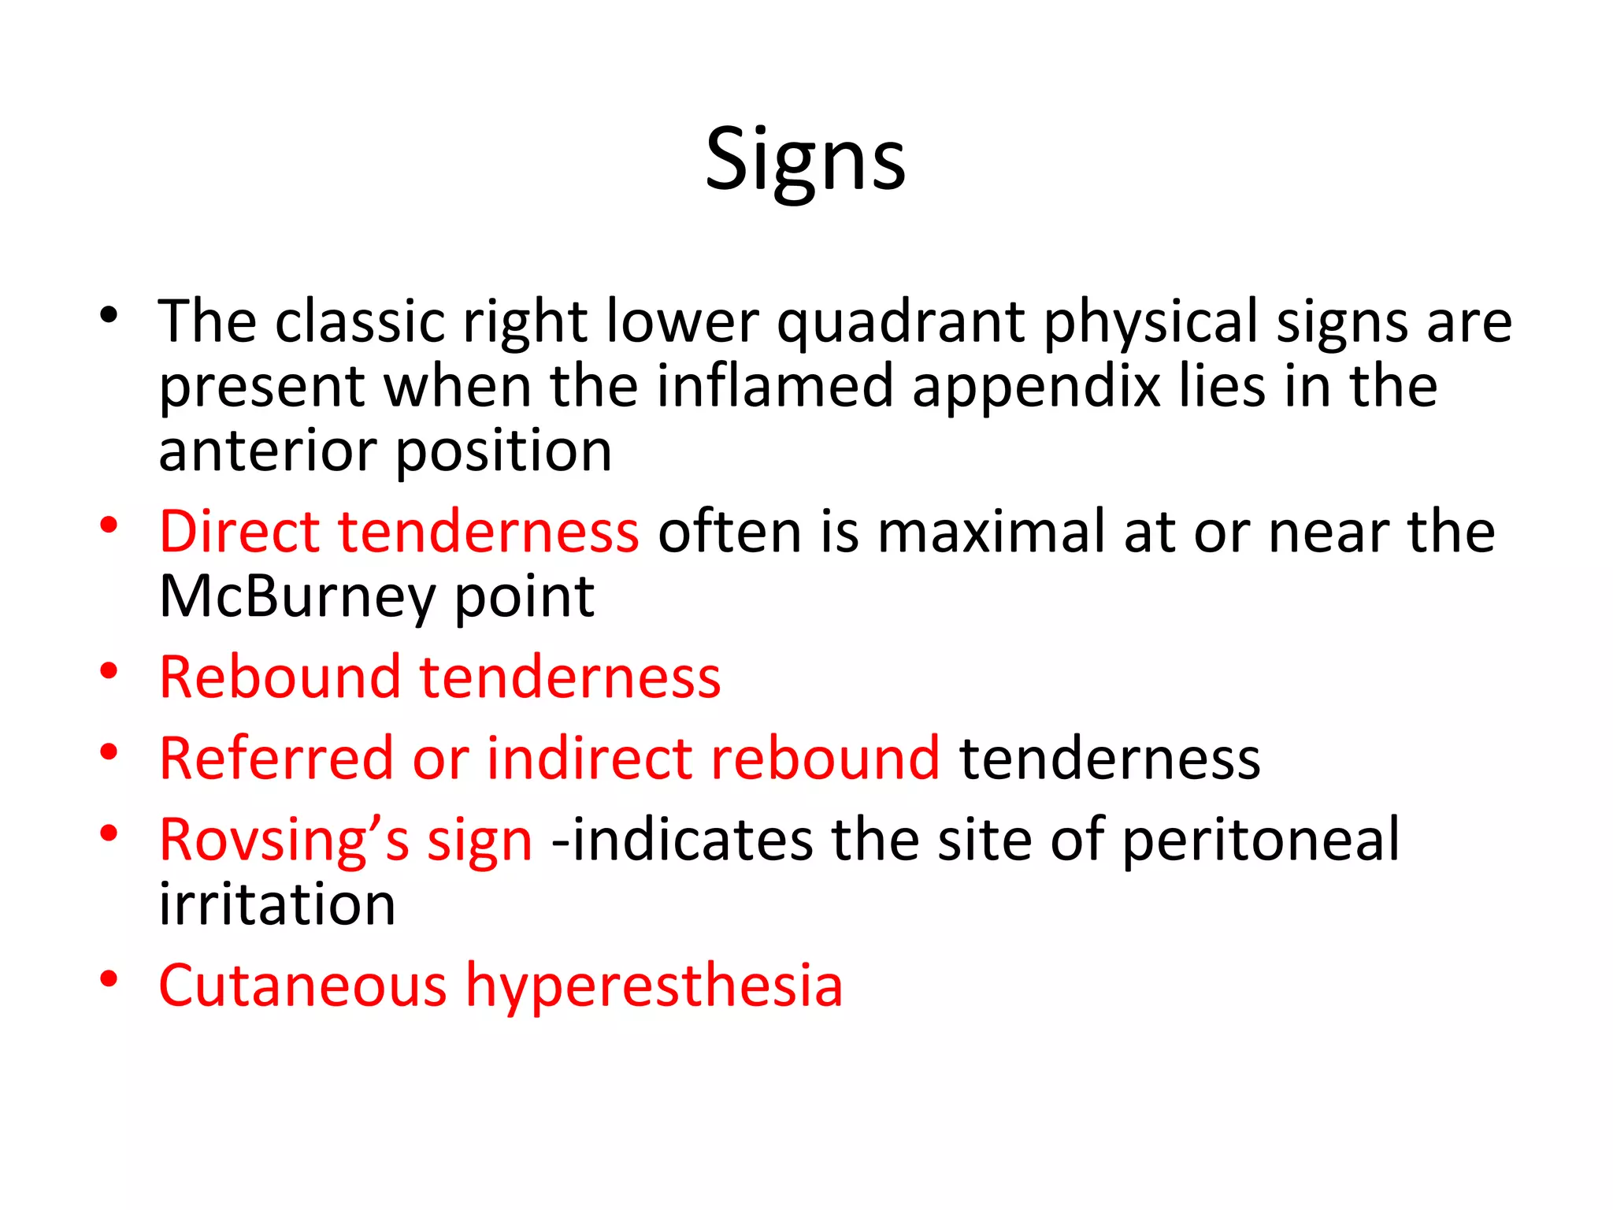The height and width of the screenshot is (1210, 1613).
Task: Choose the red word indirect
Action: point(589,758)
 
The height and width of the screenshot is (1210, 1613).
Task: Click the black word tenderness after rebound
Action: point(1109,758)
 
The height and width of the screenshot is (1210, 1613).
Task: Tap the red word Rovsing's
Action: point(284,840)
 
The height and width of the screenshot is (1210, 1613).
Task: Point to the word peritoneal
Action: point(1260,841)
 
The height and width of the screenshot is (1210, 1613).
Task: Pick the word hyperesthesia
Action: point(654,986)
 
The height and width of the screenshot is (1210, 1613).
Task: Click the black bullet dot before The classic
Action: point(109,317)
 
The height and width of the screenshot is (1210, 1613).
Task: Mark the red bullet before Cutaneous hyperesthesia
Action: point(109,978)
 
